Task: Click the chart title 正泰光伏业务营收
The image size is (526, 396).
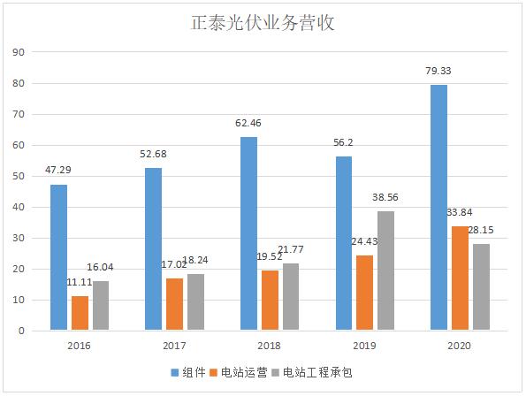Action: pyautogui.click(x=263, y=22)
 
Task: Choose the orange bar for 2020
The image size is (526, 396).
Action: pyautogui.click(x=460, y=278)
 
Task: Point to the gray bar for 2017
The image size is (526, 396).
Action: pyautogui.click(x=196, y=302)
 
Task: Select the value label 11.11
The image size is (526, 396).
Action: pyautogui.click(x=80, y=281)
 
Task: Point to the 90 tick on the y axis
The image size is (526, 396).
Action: pyautogui.click(x=18, y=52)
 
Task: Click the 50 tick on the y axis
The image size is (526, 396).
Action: pyautogui.click(x=18, y=176)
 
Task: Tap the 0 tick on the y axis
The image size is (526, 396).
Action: pyautogui.click(x=20, y=331)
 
